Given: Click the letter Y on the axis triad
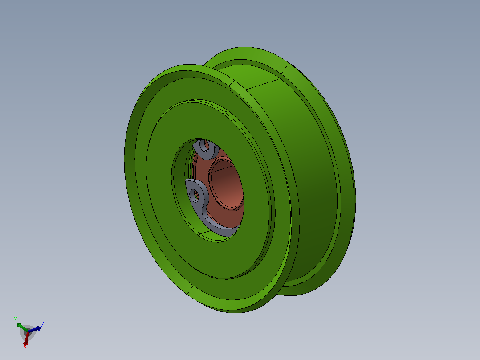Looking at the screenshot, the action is point(16,320).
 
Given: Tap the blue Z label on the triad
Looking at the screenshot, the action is point(42,325).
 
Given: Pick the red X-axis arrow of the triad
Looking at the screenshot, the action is point(27,338).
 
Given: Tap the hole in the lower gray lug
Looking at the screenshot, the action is point(195,195).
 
